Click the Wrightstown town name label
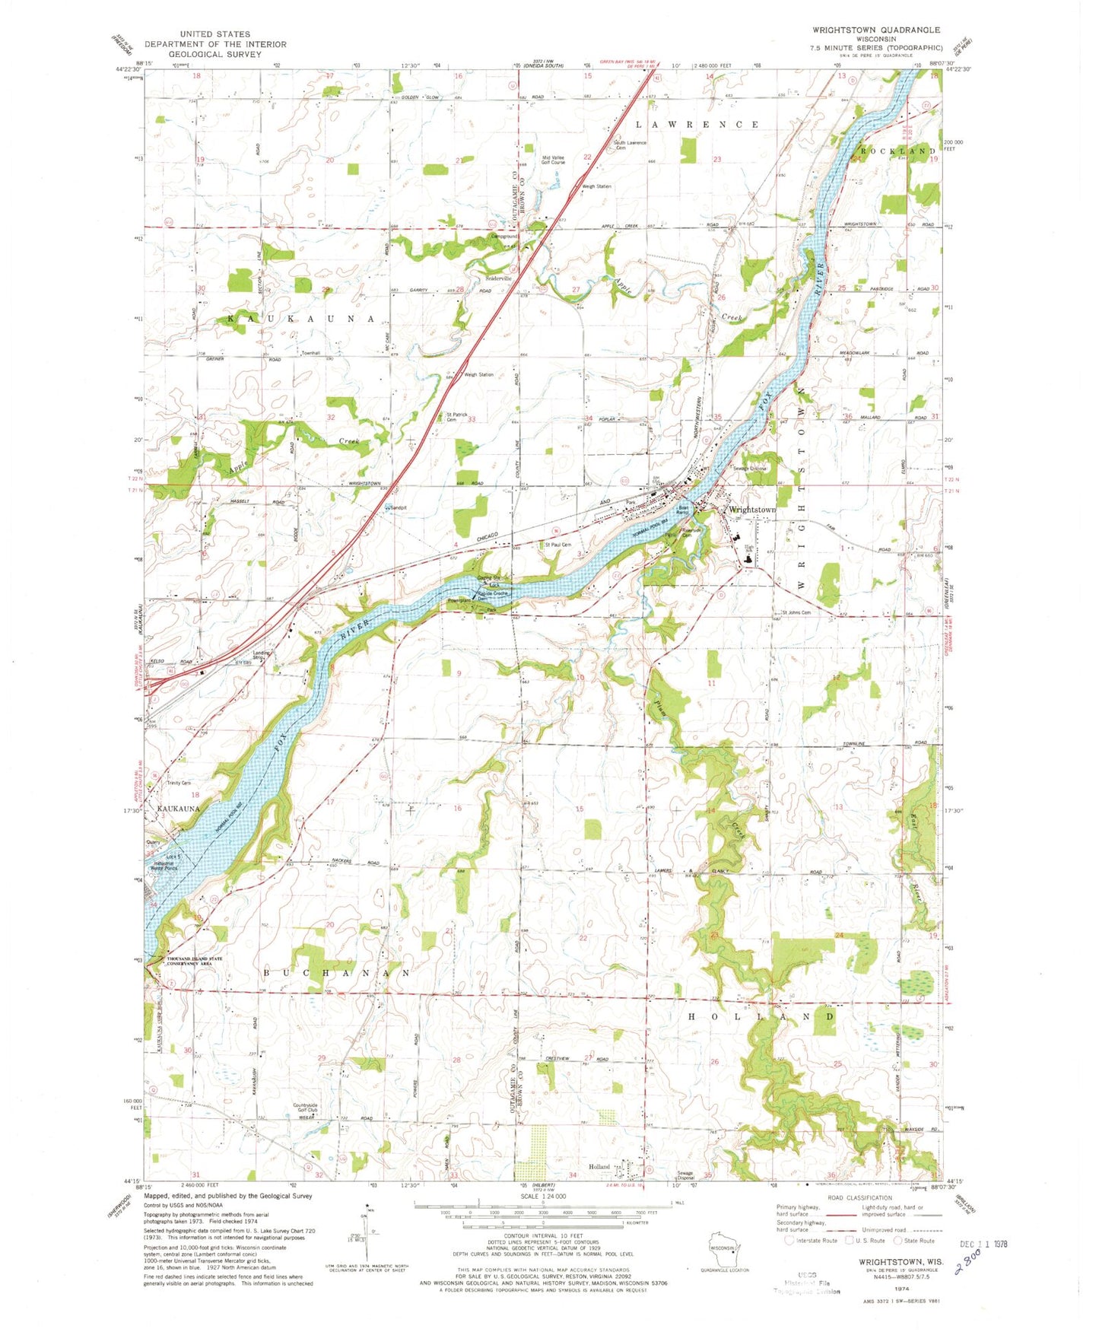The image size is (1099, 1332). [x=751, y=509]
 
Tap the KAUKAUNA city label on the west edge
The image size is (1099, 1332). [x=178, y=809]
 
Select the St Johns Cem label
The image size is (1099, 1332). [x=796, y=612]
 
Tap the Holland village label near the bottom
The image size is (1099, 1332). [x=599, y=1167]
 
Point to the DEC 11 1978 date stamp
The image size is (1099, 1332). [x=985, y=1245]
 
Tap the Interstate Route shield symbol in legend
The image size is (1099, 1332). [x=791, y=1241]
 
